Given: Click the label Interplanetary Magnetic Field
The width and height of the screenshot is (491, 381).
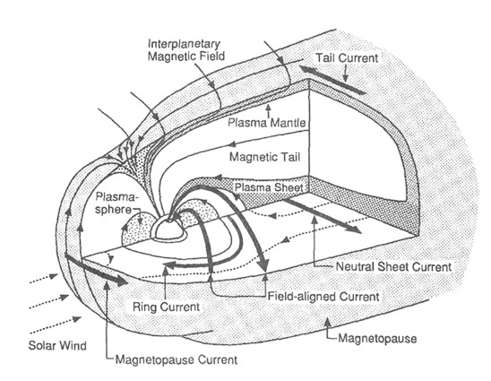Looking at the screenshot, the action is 186,50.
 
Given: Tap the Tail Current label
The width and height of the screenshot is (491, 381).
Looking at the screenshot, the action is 347,58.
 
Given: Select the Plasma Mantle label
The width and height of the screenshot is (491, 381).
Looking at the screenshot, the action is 266,123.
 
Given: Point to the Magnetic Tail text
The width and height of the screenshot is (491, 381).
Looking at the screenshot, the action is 264,157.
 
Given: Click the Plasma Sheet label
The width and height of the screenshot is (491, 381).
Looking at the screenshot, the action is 269,187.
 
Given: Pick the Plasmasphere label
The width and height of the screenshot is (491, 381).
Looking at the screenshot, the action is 116,203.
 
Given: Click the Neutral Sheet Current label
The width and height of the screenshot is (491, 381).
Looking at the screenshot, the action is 393,266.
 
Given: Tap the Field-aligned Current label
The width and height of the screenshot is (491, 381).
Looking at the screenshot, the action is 323,296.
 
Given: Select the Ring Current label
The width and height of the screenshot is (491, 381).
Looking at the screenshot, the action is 166,307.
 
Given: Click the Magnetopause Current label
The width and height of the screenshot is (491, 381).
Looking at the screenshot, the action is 177,359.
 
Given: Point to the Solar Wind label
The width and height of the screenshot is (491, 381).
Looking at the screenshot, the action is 57,346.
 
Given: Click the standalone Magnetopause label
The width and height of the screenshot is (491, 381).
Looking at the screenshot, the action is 377,338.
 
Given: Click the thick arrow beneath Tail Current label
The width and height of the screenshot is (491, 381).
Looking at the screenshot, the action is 333,80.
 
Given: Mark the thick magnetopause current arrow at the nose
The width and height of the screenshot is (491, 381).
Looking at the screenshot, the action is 97,269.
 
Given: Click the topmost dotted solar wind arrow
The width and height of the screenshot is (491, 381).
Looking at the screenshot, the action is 44,279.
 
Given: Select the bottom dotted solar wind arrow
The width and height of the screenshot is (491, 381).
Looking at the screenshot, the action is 56,325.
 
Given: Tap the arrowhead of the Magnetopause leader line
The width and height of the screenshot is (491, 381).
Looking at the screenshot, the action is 328,321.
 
